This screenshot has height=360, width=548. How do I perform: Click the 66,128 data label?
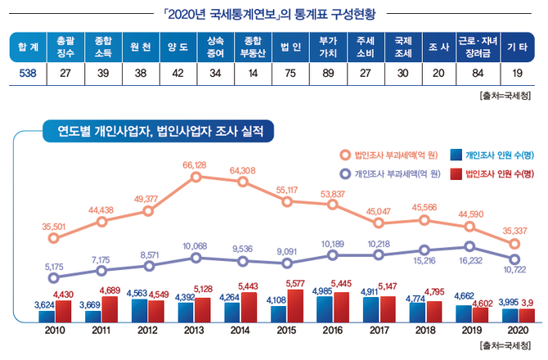point(194,165)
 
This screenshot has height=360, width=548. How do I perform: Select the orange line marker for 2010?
point(54,239)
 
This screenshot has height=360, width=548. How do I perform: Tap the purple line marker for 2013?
point(195,258)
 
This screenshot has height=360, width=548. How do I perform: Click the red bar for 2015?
point(295,304)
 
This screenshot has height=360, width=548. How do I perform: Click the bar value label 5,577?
point(294,284)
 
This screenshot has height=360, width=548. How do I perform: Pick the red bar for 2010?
point(62,310)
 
